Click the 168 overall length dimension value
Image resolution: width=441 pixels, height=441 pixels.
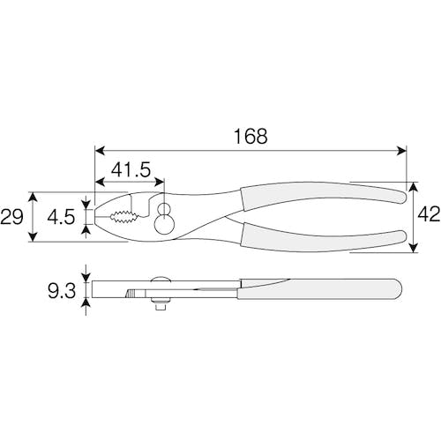pos(250,136)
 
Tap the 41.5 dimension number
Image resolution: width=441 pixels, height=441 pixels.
pos(131,169)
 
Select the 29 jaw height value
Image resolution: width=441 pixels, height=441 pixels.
pos(11,217)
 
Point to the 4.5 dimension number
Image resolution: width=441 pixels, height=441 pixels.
pos(61,218)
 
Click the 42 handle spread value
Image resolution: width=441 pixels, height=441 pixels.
pos(429,213)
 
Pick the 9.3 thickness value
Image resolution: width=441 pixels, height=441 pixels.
pos(62,290)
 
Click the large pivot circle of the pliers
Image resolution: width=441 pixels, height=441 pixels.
pos(164,225)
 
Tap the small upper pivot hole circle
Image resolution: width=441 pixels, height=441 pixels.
pos(163,209)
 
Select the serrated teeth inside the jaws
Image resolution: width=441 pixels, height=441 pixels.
pos(124,217)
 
